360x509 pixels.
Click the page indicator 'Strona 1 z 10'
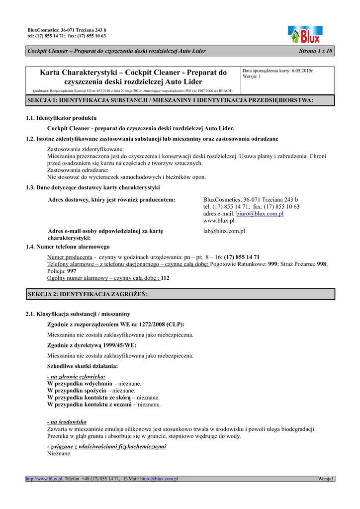(x=316, y=51)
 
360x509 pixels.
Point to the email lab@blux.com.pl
(x=224, y=231)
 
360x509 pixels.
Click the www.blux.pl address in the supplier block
(x=219, y=220)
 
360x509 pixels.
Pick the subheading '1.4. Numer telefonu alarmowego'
(x=68, y=247)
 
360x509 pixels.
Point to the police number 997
(x=72, y=271)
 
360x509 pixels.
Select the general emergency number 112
(x=165, y=278)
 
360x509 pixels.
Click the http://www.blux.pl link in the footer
(x=45, y=479)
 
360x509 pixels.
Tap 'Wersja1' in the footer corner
(x=326, y=479)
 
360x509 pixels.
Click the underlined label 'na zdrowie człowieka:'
(x=76, y=377)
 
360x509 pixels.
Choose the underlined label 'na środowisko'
(x=67, y=422)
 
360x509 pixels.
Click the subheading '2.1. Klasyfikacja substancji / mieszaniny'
(x=78, y=314)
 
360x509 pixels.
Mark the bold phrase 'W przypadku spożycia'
(x=79, y=391)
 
